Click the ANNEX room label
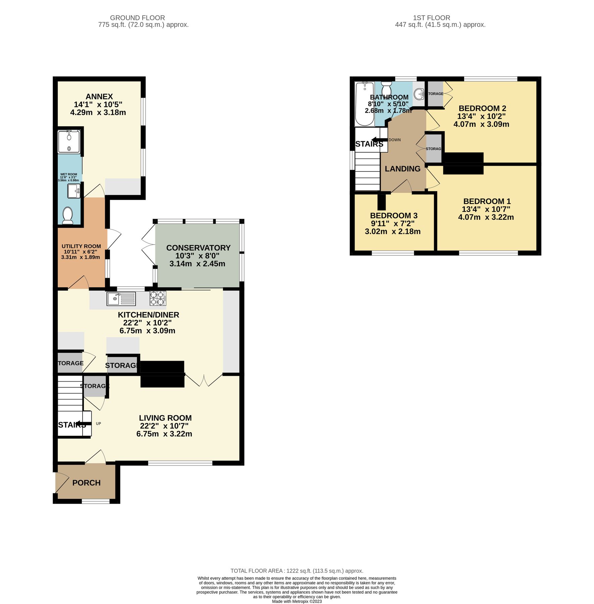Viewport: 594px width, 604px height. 99,97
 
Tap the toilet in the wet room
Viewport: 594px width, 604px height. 68,215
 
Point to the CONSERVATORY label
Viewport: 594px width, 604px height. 198,248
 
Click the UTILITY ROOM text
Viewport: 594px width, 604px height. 81,246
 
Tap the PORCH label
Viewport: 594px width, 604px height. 86,483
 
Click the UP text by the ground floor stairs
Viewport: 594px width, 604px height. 98,423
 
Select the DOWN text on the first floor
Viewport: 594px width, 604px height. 395,140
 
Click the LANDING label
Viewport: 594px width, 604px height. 402,169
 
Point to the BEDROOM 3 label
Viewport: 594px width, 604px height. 394,216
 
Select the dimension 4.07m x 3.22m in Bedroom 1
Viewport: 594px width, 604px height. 486,217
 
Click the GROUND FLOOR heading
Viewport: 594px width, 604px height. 137,18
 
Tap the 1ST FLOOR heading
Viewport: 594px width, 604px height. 431,18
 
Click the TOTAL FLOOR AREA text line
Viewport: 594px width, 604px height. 297,571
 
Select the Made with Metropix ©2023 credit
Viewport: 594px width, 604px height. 297,601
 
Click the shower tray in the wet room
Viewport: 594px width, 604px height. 69,142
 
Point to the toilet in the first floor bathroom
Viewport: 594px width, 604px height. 386,89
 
